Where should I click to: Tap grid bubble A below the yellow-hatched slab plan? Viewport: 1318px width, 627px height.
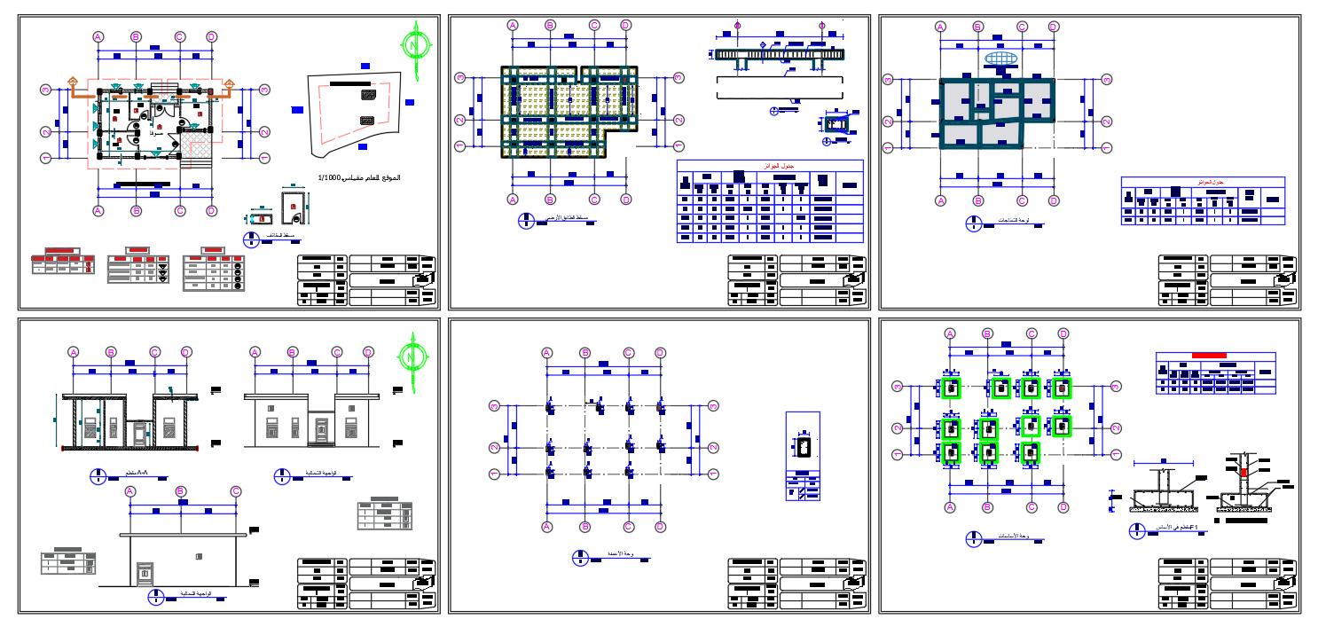point(512,199)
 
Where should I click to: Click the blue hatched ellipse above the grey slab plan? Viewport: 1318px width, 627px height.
point(1000,59)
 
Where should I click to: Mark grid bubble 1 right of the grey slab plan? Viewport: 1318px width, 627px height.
point(1108,145)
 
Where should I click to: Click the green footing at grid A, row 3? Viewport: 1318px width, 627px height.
point(950,388)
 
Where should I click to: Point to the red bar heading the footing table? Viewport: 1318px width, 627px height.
point(1209,355)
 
